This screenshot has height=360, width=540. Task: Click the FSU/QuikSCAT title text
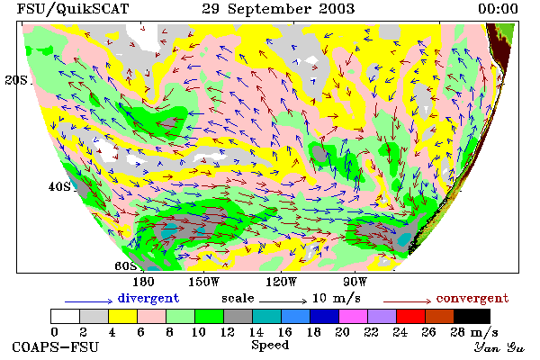(x=73, y=9)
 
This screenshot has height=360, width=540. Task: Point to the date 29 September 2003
(x=278, y=9)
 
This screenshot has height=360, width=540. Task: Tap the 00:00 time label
(x=498, y=9)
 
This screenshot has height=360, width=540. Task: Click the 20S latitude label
(x=16, y=80)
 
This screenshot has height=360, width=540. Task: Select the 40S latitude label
(x=59, y=186)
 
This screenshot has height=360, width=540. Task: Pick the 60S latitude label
(x=126, y=266)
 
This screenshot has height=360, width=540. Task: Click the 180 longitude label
(x=143, y=282)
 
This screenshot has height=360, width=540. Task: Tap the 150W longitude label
(x=204, y=282)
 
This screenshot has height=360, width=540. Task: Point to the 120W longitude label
(x=281, y=282)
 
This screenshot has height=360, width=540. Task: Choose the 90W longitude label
(x=355, y=282)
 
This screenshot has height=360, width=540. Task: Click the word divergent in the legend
(x=148, y=298)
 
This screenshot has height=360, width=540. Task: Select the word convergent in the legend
(x=472, y=298)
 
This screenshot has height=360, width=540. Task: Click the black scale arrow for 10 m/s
(x=283, y=301)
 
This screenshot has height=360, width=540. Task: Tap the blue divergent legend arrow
(x=88, y=301)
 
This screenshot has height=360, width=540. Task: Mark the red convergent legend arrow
(x=407, y=301)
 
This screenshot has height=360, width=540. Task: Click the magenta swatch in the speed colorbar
(x=354, y=316)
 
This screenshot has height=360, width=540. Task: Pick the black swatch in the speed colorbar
(x=472, y=316)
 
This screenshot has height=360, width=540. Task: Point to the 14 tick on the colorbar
(x=256, y=332)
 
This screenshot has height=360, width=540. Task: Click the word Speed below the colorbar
(x=270, y=346)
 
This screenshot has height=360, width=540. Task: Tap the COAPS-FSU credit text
(x=56, y=346)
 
